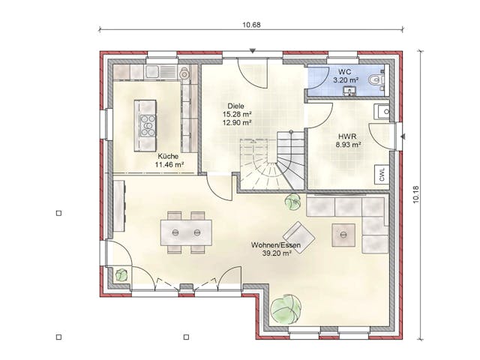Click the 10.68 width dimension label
tap(252, 25)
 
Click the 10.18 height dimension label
tap(415, 195)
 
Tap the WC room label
tap(345, 72)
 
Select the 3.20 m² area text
tap(346, 80)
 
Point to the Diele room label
tap(235, 106)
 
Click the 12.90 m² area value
tap(237, 123)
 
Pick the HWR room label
tap(347, 136)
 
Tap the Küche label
tap(168, 157)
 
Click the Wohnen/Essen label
tap(276, 245)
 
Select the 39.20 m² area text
tap(277, 253)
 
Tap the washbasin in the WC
tap(349, 91)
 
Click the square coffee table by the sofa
tap(343, 235)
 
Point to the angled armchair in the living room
tap(299, 237)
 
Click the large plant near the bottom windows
tap(286, 309)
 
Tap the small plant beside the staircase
tap(292, 202)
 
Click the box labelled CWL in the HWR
tap(382, 175)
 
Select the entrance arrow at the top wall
tap(252, 51)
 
